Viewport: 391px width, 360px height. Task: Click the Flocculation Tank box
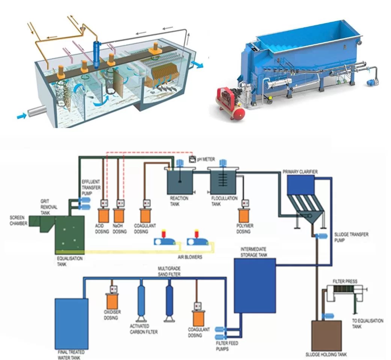(223, 182)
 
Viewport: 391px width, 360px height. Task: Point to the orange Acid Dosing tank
(103, 215)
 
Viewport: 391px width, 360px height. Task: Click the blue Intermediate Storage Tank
(255, 285)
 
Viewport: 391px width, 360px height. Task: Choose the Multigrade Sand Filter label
(169, 272)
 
